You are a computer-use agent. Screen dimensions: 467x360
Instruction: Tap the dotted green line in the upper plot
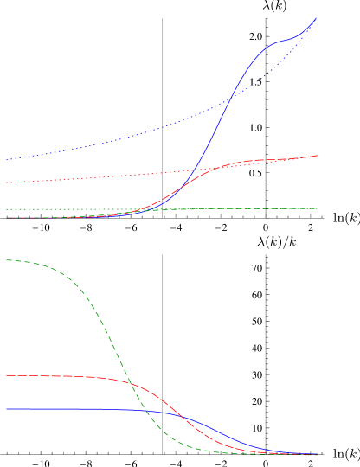[69, 209]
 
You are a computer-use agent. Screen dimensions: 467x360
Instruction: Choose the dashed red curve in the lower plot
[69, 376]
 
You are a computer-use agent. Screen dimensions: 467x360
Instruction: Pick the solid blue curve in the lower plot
[69, 409]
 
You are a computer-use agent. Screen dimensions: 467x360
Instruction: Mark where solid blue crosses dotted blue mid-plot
[229, 99]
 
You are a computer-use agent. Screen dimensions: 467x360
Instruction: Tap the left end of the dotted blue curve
[7, 159]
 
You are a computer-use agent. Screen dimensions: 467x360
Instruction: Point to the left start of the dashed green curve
[7, 260]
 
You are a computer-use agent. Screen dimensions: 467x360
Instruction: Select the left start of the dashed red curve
[7, 376]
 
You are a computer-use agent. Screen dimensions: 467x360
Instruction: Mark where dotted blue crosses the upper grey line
[162, 128]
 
